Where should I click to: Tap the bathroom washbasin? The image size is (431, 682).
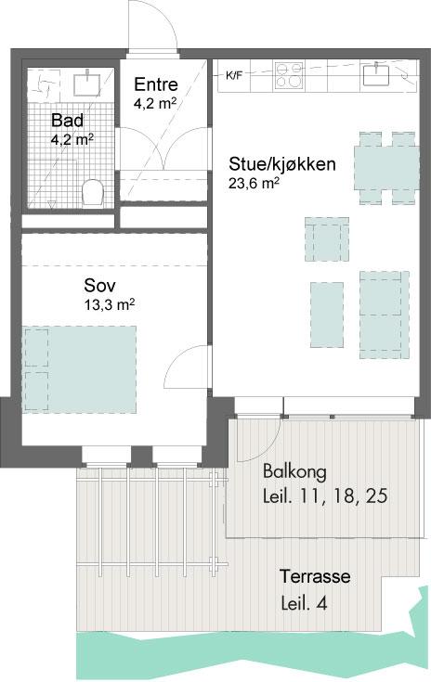87,84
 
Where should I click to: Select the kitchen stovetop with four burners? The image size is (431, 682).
288,76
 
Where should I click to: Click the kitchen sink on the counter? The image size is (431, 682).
376,74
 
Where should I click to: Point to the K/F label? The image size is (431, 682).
234,76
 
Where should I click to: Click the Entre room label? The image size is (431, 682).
156,84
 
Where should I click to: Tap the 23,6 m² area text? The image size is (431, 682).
254,183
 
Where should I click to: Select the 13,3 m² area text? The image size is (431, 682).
110,304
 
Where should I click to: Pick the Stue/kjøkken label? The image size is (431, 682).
282,164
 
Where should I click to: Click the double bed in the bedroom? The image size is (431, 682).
79,369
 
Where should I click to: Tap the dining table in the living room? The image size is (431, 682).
386,168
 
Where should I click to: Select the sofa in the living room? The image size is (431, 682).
385,315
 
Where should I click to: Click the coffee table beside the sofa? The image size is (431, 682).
327,315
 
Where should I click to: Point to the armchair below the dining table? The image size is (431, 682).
327,239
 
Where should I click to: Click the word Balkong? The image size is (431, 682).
294,471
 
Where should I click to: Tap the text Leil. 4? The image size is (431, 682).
305,603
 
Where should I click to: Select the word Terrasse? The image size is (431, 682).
315,576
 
